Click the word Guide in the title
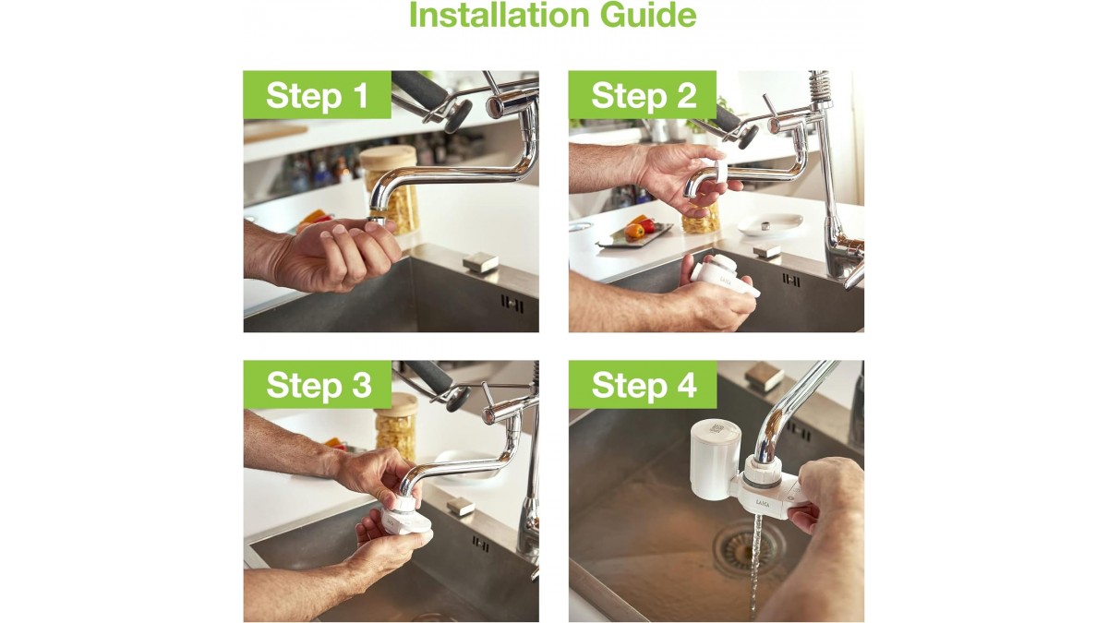click(648, 15)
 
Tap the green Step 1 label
click(317, 95)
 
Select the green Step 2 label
click(643, 95)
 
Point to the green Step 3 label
click(318, 385)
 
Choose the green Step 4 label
click(643, 385)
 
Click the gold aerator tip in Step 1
click(377, 220)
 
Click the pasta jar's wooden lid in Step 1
click(389, 156)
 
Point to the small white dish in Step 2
click(769, 224)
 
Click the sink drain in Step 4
click(749, 546)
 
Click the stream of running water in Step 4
click(755, 569)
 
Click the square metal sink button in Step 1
click(480, 260)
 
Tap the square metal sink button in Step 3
click(461, 507)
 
